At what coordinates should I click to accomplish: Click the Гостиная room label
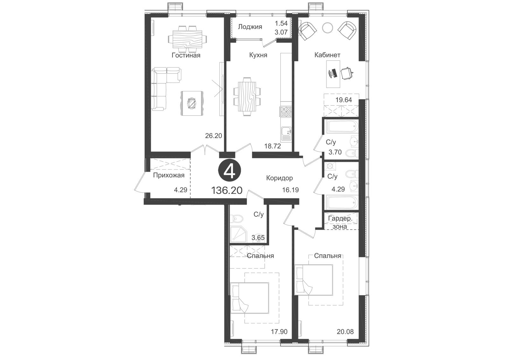pyautogui.click(x=186, y=55)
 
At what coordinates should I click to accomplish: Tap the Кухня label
pyautogui.click(x=258, y=55)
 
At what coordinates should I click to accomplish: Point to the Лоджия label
pyautogui.click(x=250, y=27)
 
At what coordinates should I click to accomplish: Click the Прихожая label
pyautogui.click(x=169, y=175)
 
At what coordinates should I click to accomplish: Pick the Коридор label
pyautogui.click(x=280, y=178)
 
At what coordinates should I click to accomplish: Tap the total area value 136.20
pyautogui.click(x=227, y=190)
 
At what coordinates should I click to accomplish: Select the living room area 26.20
pyautogui.click(x=213, y=136)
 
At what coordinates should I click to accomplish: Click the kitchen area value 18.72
pyautogui.click(x=272, y=146)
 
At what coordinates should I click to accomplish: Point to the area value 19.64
pyautogui.click(x=344, y=100)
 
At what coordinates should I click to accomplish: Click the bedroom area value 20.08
pyautogui.click(x=345, y=332)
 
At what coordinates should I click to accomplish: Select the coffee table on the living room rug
pyautogui.click(x=192, y=103)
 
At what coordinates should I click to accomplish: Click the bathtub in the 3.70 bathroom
pyautogui.click(x=342, y=127)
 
